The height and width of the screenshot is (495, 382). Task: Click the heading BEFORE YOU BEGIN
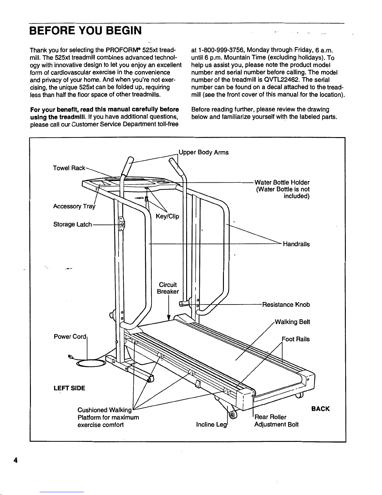coord(85,31)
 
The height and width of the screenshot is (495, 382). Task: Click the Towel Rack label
coord(69,168)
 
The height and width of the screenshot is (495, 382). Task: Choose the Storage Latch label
coord(73,225)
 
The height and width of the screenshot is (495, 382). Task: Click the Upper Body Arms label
coord(204,152)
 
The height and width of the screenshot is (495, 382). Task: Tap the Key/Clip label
coord(167,216)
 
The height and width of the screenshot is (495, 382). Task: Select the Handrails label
coord(296,244)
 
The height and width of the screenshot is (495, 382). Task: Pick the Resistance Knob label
coord(286,304)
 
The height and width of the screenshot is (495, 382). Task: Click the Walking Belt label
coord(293,322)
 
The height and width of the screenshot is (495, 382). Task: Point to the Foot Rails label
coord(296,339)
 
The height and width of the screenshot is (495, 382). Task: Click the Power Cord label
coord(70,337)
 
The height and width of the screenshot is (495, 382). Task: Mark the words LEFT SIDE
coord(69,388)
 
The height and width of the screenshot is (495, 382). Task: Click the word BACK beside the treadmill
coord(320,409)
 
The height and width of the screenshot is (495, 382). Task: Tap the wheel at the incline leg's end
coord(232,415)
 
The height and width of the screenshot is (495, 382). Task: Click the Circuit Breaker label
coord(168,288)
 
